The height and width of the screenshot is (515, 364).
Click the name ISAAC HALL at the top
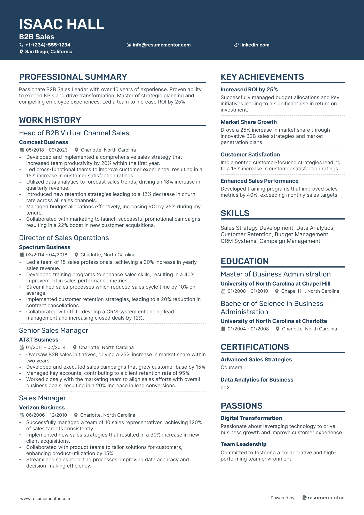(62, 24)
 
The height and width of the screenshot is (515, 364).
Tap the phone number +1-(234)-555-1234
(48, 45)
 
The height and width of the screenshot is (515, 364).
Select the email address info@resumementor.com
(161, 45)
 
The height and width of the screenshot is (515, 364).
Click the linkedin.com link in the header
(255, 45)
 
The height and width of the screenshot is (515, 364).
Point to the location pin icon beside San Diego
(21, 52)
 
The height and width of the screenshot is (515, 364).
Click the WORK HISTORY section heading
(50, 120)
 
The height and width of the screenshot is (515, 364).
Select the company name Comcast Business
(44, 142)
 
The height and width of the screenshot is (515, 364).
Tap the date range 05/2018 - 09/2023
(47, 150)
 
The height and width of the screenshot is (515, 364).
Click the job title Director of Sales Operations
(64, 238)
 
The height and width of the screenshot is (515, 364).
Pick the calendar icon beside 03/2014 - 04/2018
(22, 255)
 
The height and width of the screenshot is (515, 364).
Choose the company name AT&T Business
(39, 340)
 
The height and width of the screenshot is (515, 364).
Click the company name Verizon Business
(42, 408)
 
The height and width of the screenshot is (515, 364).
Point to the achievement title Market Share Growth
(249, 122)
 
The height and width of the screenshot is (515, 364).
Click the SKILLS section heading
(235, 213)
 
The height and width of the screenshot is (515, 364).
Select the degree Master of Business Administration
(275, 274)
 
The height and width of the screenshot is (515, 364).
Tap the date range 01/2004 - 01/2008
(248, 329)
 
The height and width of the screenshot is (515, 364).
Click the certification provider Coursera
(231, 367)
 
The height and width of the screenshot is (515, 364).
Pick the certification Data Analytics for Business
(257, 380)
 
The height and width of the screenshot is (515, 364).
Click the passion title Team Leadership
(243, 444)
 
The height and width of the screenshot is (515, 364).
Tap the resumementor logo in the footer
(323, 498)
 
